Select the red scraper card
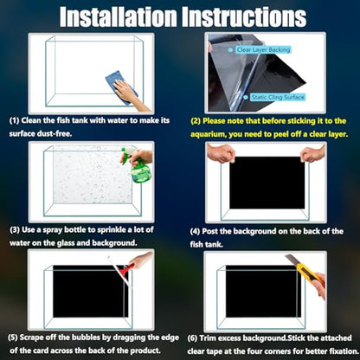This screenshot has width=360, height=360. point(122,270)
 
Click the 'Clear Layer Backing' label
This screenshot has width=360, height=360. point(263,50)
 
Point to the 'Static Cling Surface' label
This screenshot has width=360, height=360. point(277,97)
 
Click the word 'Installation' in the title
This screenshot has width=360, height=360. point(119,16)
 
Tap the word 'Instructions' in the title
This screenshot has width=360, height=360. point(245,16)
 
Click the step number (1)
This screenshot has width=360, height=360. point(14,120)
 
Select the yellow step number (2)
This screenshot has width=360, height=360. point(196,121)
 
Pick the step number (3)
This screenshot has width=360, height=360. point(15,230)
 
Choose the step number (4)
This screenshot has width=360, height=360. point(195,231)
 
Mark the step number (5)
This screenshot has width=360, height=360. point(13,337)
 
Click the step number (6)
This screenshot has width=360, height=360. point(192,338)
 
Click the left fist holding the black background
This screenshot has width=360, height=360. point(222,152)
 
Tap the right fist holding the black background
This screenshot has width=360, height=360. point(312,153)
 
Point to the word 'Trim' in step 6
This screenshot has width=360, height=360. point(208,338)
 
